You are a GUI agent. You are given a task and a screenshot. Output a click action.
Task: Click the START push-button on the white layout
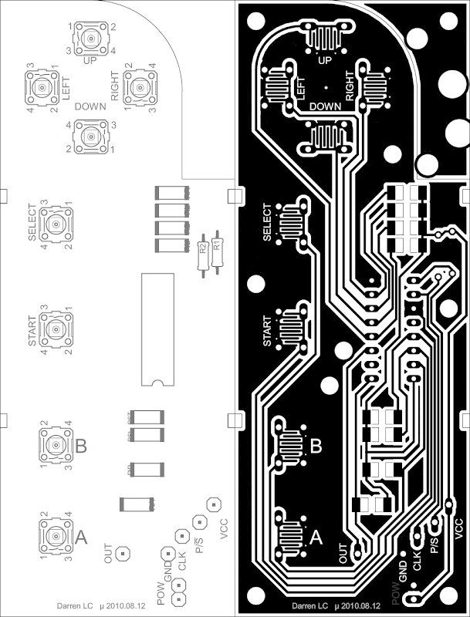pyautogui.click(x=56, y=330)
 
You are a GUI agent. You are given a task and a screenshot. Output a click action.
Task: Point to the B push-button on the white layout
pyautogui.click(x=56, y=445)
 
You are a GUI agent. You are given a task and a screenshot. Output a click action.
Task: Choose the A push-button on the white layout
pyautogui.click(x=56, y=535)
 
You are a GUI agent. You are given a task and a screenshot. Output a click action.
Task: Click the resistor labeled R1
pyautogui.click(x=217, y=248)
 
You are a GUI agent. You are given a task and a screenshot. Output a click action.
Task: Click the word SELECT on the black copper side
pyautogui.click(x=267, y=223)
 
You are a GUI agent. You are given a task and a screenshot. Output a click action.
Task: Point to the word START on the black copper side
pyautogui.click(x=267, y=330)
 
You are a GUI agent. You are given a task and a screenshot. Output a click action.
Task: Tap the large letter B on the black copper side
pyautogui.click(x=316, y=445)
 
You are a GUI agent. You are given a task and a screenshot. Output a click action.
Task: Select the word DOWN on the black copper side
pyautogui.click(x=325, y=106)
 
